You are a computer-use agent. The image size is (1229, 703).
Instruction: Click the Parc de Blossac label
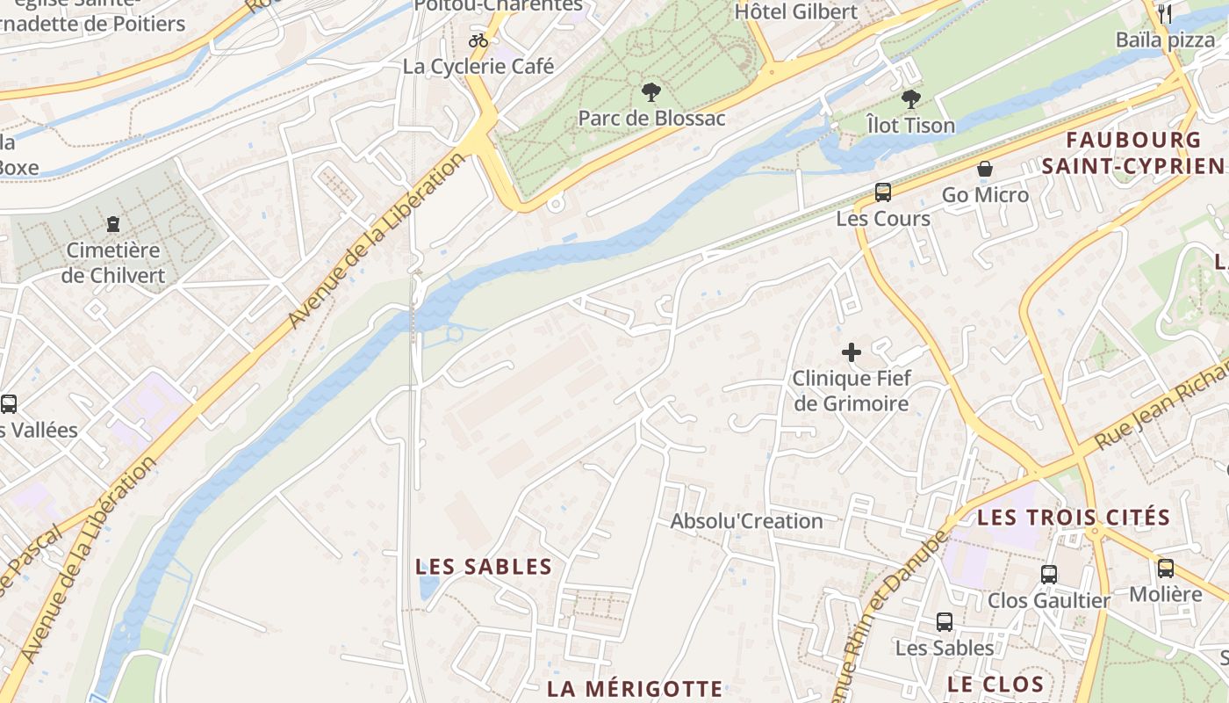(x=651, y=118)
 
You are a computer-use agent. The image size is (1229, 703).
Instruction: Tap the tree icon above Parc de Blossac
(x=651, y=91)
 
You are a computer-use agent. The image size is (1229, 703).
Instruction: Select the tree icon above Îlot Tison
(x=911, y=98)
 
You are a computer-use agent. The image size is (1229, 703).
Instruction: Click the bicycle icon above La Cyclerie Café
(x=478, y=40)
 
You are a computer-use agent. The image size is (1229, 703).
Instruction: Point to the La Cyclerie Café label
(x=478, y=66)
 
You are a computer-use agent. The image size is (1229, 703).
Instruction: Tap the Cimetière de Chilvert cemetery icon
(x=113, y=224)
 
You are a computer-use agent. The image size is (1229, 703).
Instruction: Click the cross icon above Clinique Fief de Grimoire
(x=852, y=353)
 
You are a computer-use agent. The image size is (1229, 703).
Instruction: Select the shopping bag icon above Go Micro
(x=985, y=169)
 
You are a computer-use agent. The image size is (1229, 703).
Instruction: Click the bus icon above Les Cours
(x=883, y=192)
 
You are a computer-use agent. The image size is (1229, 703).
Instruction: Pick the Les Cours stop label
(x=883, y=218)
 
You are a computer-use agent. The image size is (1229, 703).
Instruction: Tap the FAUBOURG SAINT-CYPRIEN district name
(x=1132, y=153)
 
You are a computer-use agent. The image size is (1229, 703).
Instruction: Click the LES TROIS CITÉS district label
(x=1074, y=517)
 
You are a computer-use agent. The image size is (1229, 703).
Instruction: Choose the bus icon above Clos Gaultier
(x=1049, y=575)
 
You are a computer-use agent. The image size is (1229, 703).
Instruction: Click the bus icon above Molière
(x=1166, y=569)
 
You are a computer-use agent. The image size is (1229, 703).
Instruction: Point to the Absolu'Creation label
(x=747, y=521)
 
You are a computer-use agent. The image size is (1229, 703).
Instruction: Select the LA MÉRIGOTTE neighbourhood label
(x=635, y=688)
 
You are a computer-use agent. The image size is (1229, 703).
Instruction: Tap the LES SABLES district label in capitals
(x=484, y=567)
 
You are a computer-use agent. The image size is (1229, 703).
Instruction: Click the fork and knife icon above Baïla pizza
(x=1165, y=13)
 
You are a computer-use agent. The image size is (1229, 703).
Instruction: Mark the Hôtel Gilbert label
(x=796, y=11)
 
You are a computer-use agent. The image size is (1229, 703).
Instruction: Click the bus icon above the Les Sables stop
(x=945, y=622)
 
